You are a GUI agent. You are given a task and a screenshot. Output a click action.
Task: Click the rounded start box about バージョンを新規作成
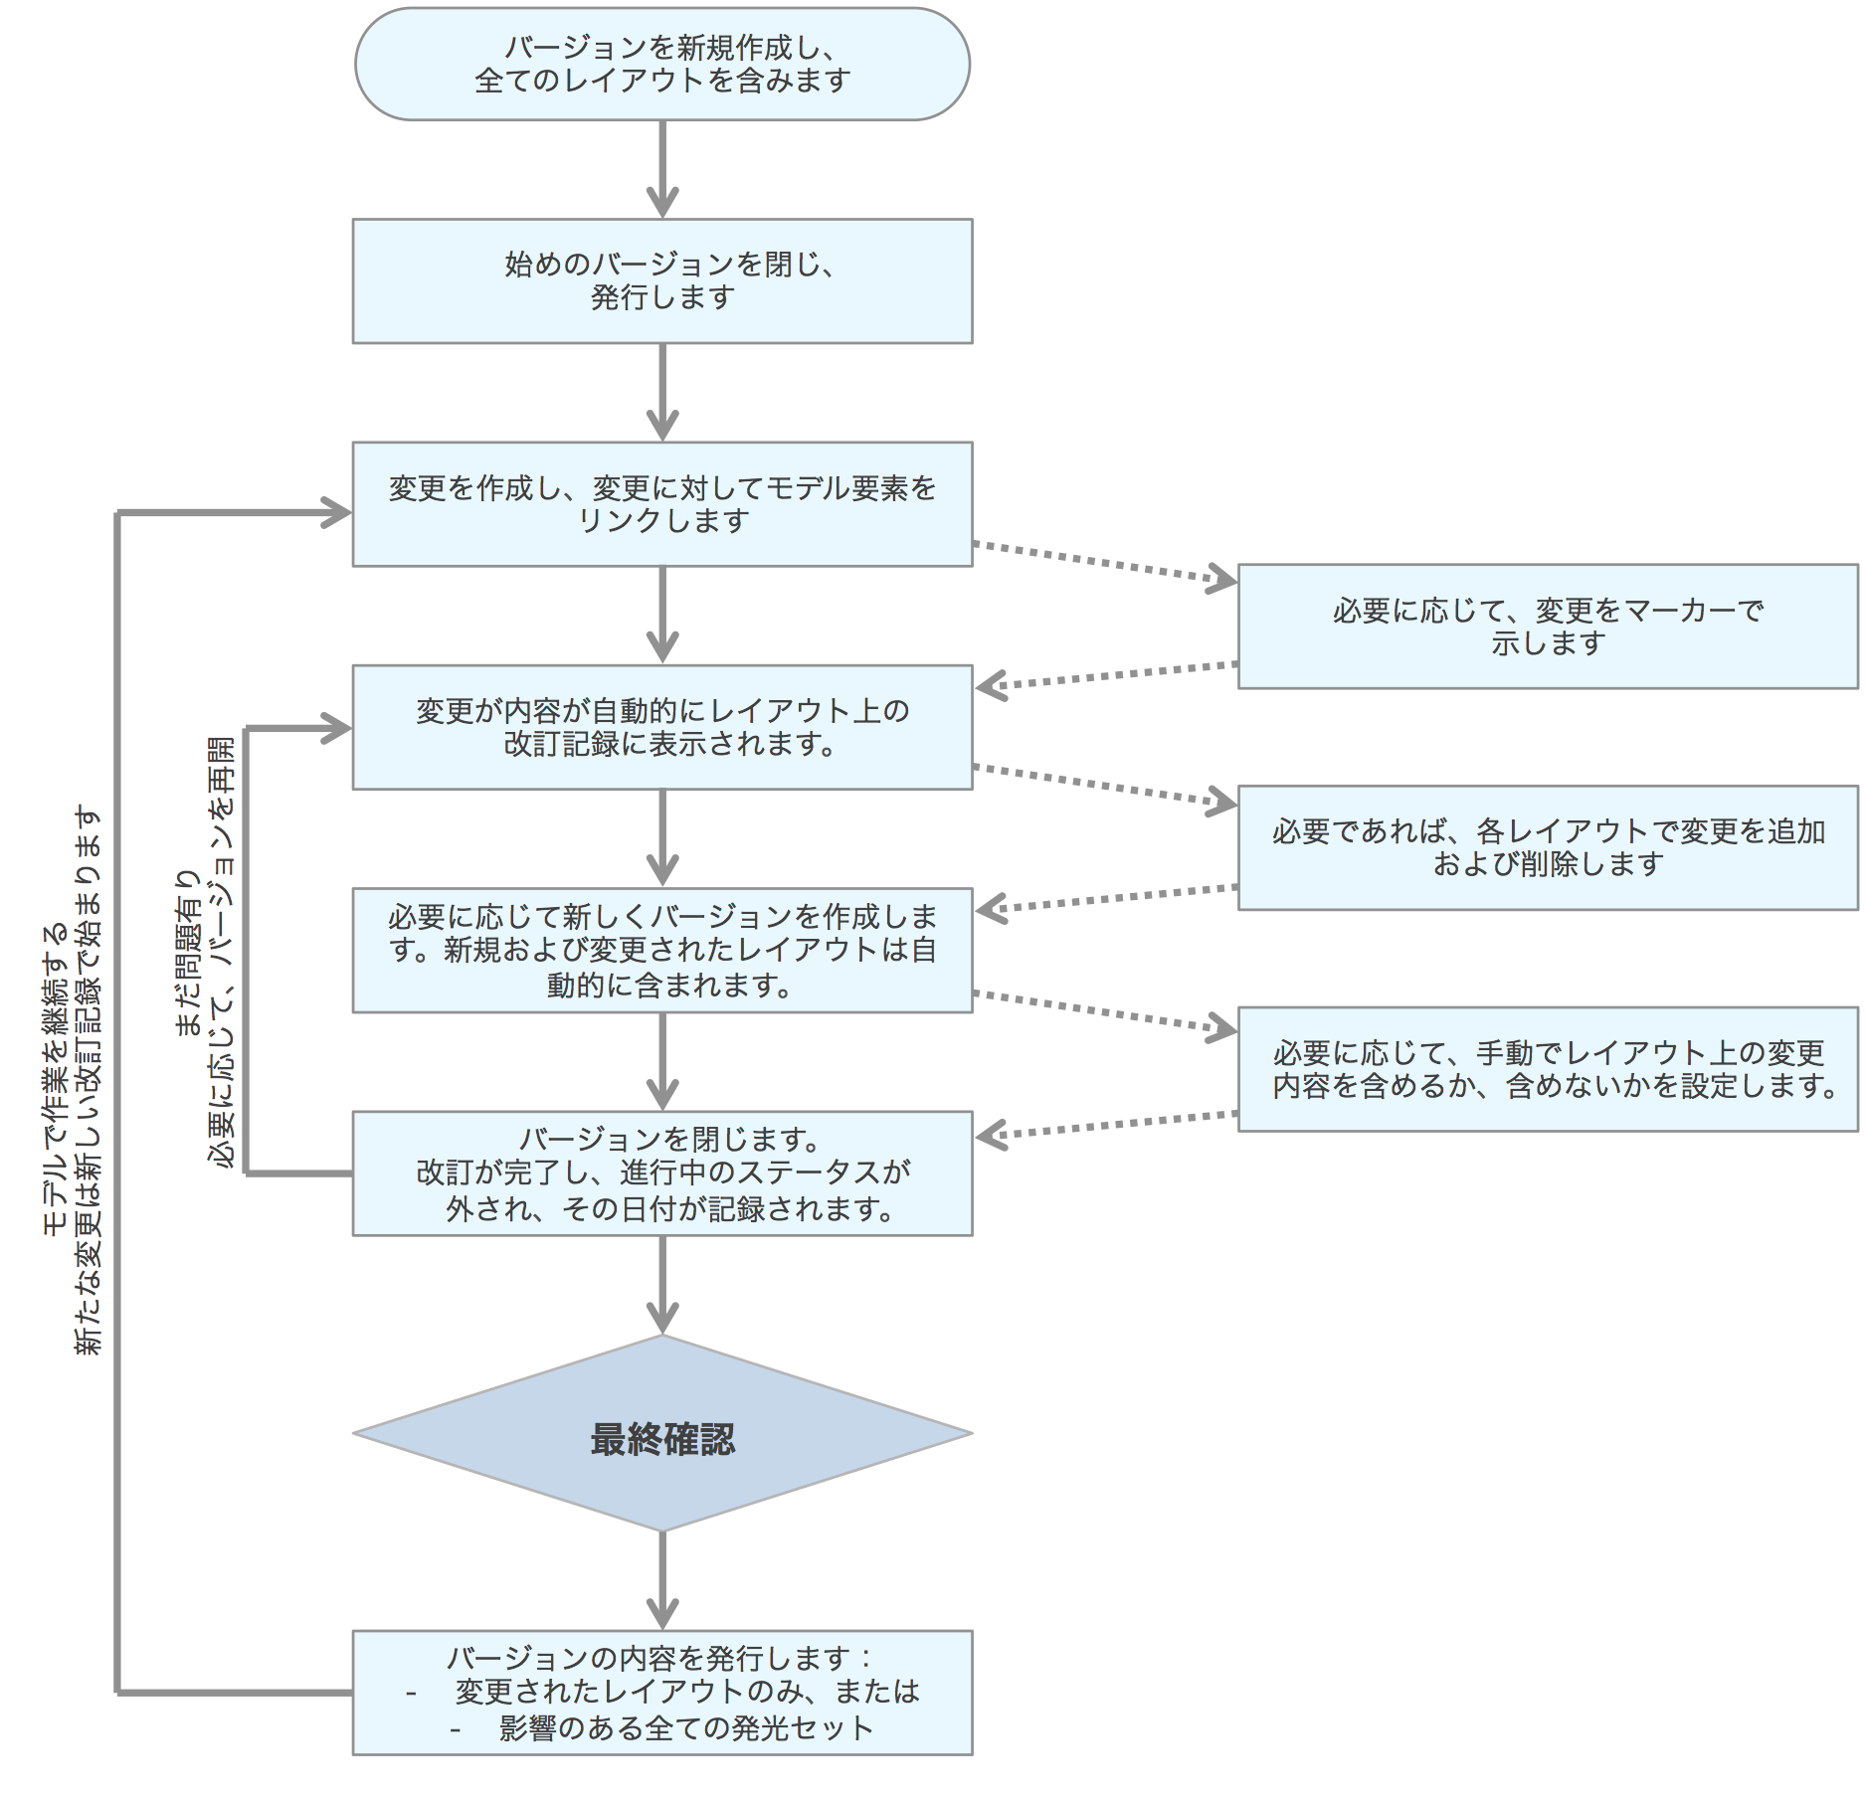(x=661, y=65)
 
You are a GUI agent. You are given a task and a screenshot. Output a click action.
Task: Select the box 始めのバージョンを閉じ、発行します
(x=661, y=281)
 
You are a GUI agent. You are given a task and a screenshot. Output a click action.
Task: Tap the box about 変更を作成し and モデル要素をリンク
(x=661, y=504)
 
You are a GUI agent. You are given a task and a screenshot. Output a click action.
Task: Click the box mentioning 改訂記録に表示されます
(x=661, y=727)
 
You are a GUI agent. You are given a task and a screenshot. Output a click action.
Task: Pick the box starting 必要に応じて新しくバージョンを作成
(x=661, y=951)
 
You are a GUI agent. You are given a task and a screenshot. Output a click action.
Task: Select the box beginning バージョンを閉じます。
(x=661, y=1173)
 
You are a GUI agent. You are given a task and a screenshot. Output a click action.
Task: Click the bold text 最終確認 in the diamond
(x=661, y=1439)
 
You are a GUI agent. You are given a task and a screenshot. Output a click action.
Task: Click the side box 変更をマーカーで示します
(x=1547, y=627)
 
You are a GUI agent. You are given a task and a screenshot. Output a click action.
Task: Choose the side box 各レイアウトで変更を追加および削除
(x=1547, y=847)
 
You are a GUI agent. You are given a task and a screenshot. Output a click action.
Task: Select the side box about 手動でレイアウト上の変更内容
(x=1547, y=1069)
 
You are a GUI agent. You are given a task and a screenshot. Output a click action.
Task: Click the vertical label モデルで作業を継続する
(x=56, y=1079)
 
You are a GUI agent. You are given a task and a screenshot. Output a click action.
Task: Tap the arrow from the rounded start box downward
(x=662, y=169)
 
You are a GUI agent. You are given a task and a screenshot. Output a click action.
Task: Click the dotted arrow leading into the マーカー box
(x=1104, y=562)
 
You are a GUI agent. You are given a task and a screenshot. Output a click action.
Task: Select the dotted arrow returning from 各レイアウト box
(x=1104, y=898)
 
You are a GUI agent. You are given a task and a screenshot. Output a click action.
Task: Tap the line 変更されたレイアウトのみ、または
(x=686, y=1692)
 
